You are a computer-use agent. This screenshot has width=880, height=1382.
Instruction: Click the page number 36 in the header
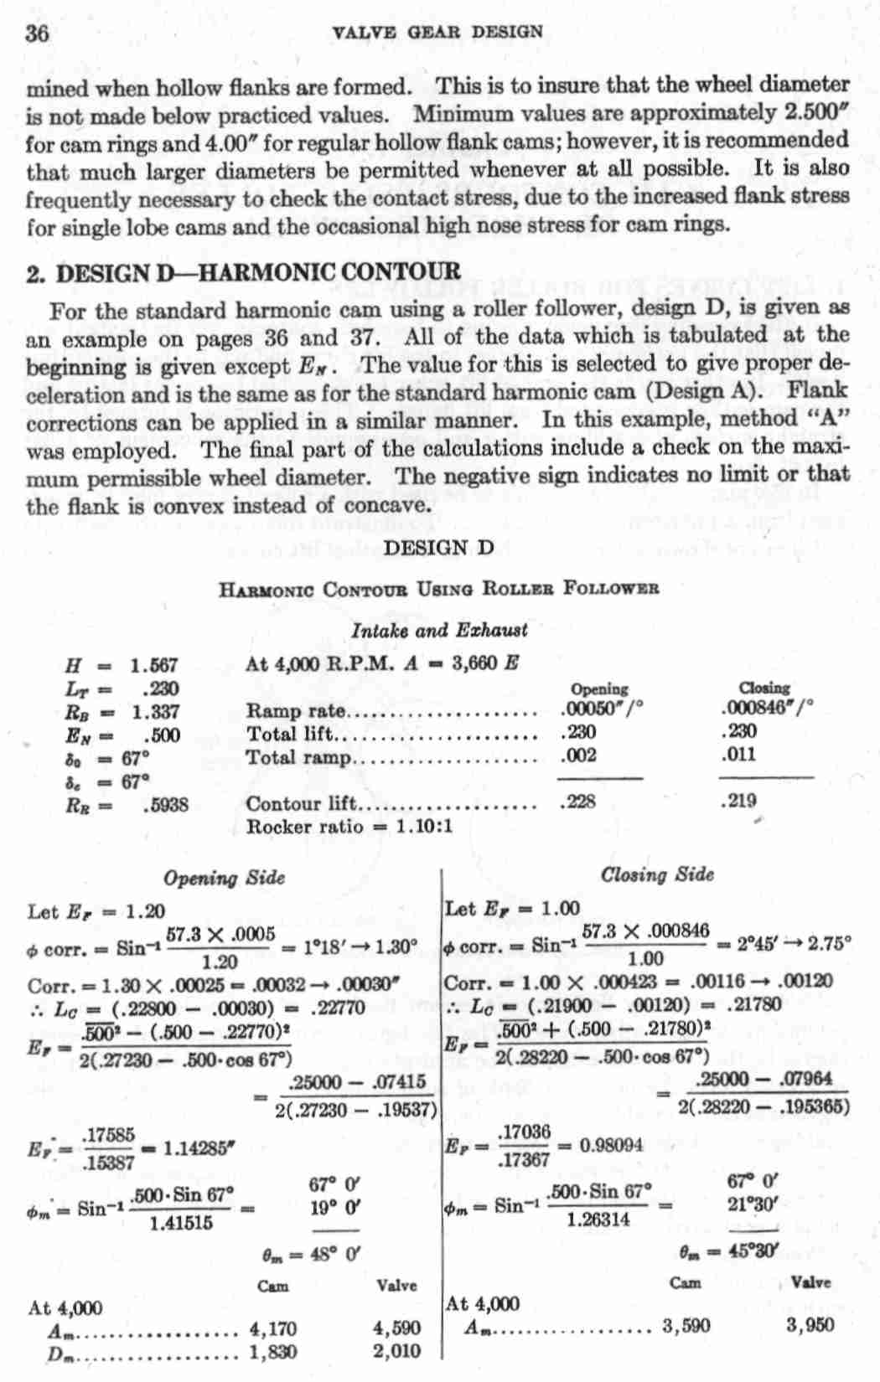(38, 34)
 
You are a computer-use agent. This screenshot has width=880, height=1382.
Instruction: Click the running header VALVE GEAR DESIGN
(437, 33)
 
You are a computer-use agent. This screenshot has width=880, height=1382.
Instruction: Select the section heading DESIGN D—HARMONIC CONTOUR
(244, 273)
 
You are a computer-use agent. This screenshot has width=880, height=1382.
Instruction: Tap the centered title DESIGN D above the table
(438, 549)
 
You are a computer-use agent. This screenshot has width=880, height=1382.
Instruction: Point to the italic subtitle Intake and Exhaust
(440, 630)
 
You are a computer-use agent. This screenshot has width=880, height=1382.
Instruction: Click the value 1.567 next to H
(154, 666)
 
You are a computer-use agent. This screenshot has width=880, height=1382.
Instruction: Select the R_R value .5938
(165, 805)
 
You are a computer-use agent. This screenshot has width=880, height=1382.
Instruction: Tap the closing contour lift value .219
(739, 800)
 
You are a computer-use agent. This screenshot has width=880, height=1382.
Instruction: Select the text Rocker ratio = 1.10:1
(349, 827)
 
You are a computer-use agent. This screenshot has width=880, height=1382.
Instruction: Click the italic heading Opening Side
(224, 878)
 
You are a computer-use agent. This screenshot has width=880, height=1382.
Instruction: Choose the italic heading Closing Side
(657, 874)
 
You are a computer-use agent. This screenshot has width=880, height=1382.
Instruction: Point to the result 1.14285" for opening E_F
(194, 1148)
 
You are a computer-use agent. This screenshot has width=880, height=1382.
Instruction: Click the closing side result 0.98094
(612, 1145)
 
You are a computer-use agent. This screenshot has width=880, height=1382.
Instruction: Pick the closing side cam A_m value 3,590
(686, 1325)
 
